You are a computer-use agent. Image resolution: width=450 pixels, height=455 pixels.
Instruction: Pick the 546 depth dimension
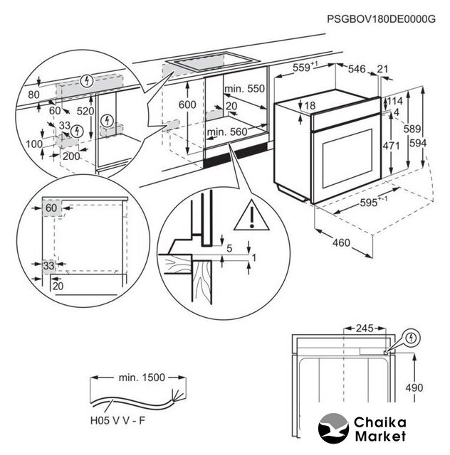(x=357, y=68)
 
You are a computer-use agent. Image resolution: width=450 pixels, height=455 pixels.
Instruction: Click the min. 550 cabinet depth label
(x=244, y=89)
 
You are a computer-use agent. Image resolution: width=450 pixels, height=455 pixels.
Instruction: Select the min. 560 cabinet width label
(x=227, y=132)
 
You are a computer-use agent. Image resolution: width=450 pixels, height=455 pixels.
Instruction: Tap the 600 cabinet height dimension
(x=187, y=105)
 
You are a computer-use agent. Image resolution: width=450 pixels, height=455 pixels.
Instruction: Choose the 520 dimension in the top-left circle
(x=86, y=111)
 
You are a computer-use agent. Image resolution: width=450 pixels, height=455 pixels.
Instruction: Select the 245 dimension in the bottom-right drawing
(x=365, y=329)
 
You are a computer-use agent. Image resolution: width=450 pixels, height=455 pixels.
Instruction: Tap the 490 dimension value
(x=414, y=387)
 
